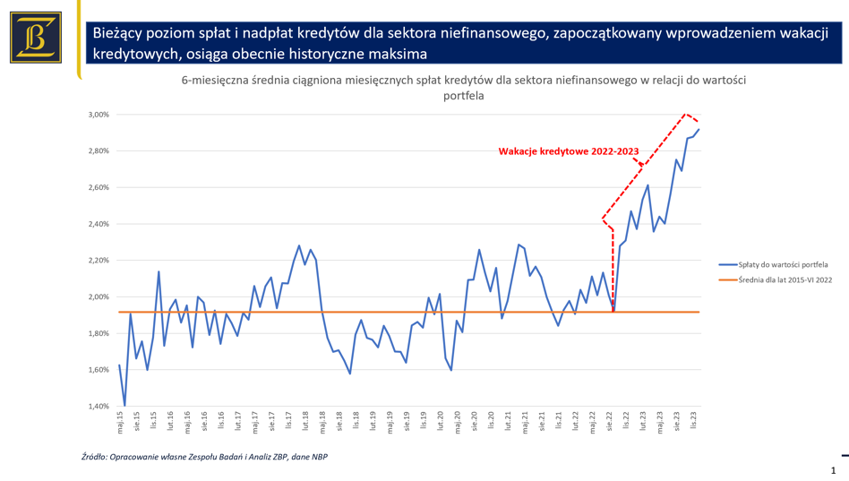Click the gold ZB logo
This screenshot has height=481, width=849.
click(36, 37)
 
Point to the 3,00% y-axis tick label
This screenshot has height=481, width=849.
click(99, 115)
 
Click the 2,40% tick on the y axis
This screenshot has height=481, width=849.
click(99, 224)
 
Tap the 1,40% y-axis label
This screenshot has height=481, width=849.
click(99, 406)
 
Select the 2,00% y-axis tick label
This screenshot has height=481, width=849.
click(99, 296)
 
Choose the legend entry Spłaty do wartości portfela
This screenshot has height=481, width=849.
click(785, 265)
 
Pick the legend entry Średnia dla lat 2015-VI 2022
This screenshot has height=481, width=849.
click(785, 280)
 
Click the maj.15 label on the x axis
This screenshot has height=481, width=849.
click(120, 422)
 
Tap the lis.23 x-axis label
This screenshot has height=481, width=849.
click(693, 422)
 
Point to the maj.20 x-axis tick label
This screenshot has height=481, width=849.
click(457, 422)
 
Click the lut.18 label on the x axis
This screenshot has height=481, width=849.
click(305, 422)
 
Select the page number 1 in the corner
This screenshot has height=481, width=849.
click(834, 470)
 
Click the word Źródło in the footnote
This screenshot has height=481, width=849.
click(94, 457)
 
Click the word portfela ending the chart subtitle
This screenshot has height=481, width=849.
click(463, 96)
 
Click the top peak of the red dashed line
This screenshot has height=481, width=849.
click(685, 114)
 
